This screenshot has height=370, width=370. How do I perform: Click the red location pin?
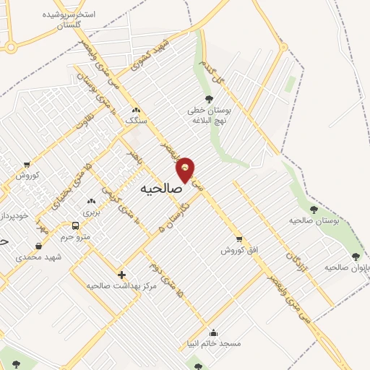(186, 169)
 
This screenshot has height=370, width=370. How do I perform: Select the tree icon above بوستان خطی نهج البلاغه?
(209, 99)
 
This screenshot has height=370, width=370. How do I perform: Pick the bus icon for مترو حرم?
(76, 225)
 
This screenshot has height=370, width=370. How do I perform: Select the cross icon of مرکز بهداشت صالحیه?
(121, 275)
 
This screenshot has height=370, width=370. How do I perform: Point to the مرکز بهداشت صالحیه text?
(121, 286)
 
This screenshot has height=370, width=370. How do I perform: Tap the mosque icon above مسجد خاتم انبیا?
(214, 333)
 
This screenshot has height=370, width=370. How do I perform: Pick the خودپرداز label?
(12, 216)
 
